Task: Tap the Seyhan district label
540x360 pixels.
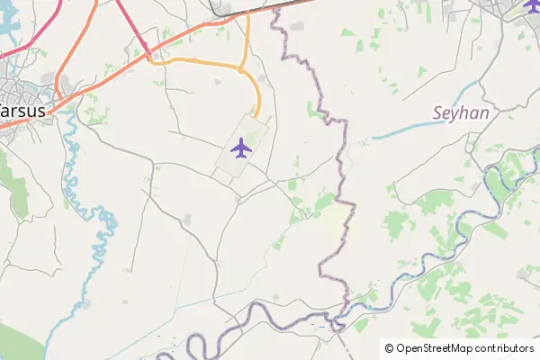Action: click(461, 113)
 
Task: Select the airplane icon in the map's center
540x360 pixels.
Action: click(240, 147)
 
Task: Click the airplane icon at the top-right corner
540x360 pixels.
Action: click(531, 6)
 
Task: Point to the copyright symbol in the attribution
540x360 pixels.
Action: click(390, 348)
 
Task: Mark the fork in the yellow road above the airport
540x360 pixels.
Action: click(244, 67)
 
